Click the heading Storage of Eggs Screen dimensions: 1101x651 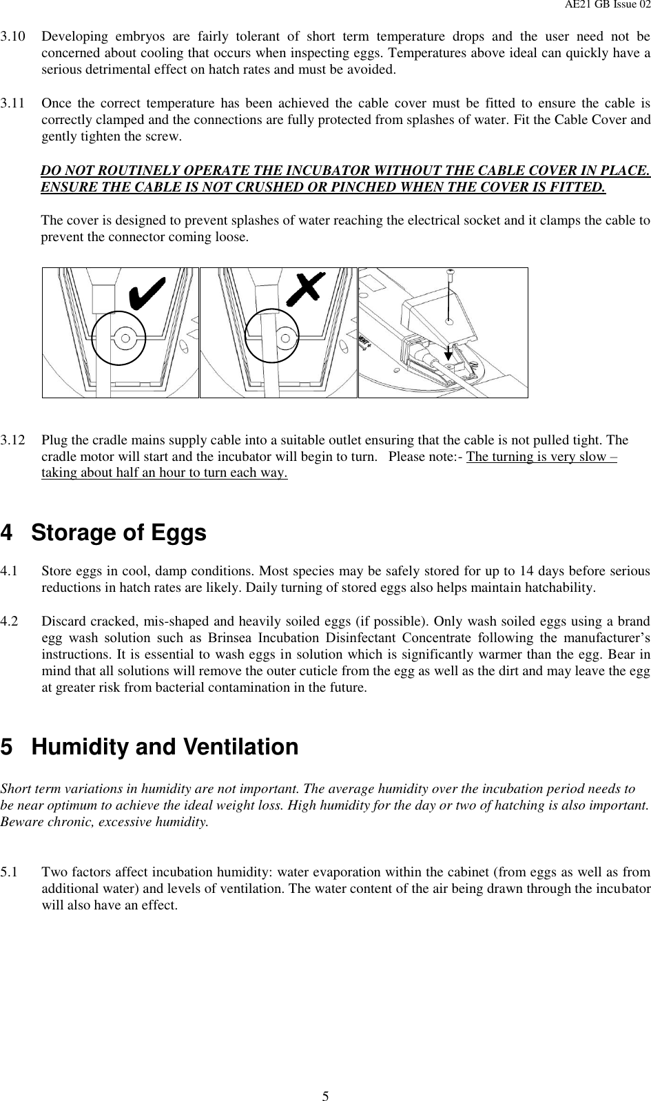coord(118,533)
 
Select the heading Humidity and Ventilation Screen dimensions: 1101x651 coord(165,747)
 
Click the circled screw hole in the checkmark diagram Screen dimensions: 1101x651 coord(125,338)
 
